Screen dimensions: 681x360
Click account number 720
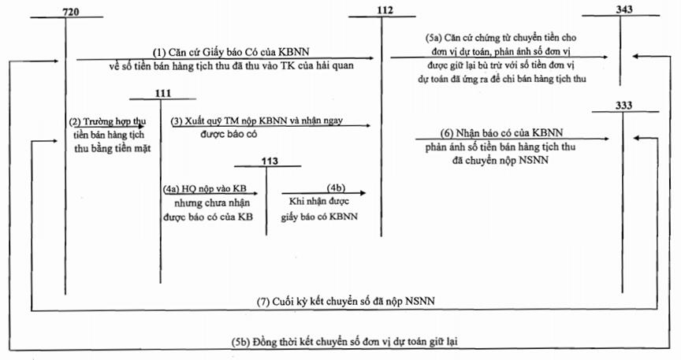(71, 12)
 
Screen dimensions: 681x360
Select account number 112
(385, 10)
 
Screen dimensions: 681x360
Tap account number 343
(624, 9)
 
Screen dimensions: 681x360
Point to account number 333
(623, 106)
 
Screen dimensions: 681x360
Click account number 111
(163, 94)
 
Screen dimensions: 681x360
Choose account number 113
(270, 161)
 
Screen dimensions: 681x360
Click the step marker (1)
(159, 52)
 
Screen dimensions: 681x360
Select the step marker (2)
(75, 121)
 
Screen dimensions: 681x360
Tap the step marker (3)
(177, 121)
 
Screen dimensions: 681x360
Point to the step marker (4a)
(171, 189)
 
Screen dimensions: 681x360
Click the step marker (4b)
(336, 187)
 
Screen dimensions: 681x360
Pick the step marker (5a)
(433, 38)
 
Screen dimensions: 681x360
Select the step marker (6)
(447, 133)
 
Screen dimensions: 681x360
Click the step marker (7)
(263, 302)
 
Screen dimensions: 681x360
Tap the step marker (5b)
(240, 342)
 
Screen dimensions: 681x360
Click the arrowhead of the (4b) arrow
(363, 193)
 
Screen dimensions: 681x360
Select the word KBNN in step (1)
(293, 52)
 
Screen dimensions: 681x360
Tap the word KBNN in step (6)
(547, 133)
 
